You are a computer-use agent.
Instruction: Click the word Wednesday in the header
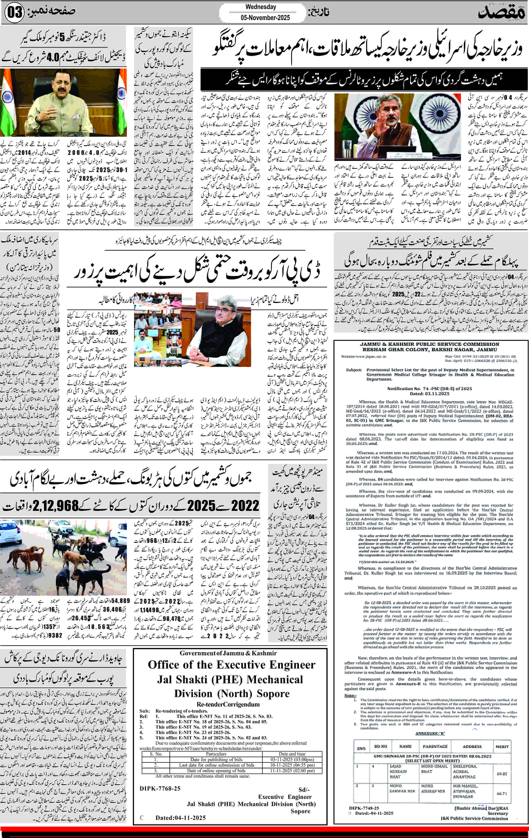point(261,7)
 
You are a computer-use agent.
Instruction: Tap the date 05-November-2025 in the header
point(265,17)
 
